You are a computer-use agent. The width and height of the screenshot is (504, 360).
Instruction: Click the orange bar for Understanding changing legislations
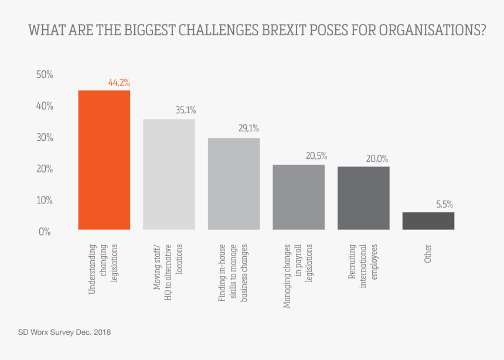[104, 159]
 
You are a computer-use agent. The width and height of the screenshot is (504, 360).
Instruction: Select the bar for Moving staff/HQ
[169, 174]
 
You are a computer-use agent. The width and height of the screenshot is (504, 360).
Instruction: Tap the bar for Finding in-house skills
[234, 184]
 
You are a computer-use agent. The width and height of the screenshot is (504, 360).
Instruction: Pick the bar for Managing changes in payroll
[299, 197]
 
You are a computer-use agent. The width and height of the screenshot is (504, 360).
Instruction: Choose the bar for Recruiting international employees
[363, 198]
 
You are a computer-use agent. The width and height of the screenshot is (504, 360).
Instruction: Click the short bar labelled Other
[428, 220]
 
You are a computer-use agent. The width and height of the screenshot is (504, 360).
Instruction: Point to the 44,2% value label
[119, 83]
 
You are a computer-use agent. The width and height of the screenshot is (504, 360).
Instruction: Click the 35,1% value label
[185, 110]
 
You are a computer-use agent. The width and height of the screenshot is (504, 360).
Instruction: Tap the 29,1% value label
[248, 128]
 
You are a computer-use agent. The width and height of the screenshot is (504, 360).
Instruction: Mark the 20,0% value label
[378, 158]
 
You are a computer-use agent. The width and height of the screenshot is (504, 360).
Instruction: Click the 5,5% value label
[444, 205]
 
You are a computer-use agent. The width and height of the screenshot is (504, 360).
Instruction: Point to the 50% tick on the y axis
[45, 75]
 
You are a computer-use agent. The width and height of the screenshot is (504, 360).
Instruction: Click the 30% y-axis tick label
[45, 138]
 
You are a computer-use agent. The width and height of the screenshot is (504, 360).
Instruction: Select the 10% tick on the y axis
[45, 200]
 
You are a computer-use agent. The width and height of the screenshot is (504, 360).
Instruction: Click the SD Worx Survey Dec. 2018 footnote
[64, 332]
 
